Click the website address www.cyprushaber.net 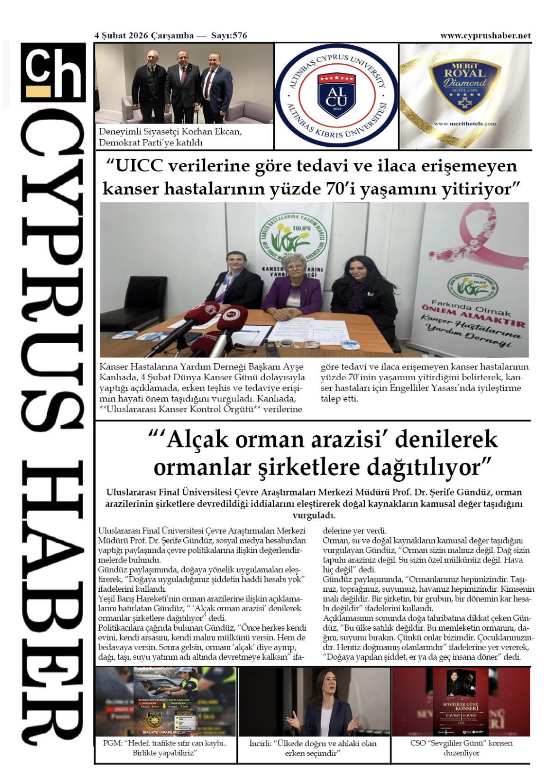coord(485,35)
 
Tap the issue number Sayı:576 coord(229,35)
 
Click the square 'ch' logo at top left coord(53,72)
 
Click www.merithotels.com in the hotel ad coord(464,124)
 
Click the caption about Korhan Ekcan coord(170,137)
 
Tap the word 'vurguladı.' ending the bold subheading coord(314,515)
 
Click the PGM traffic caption coord(164,748)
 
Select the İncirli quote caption coord(313,748)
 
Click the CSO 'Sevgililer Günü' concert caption coord(461,748)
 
